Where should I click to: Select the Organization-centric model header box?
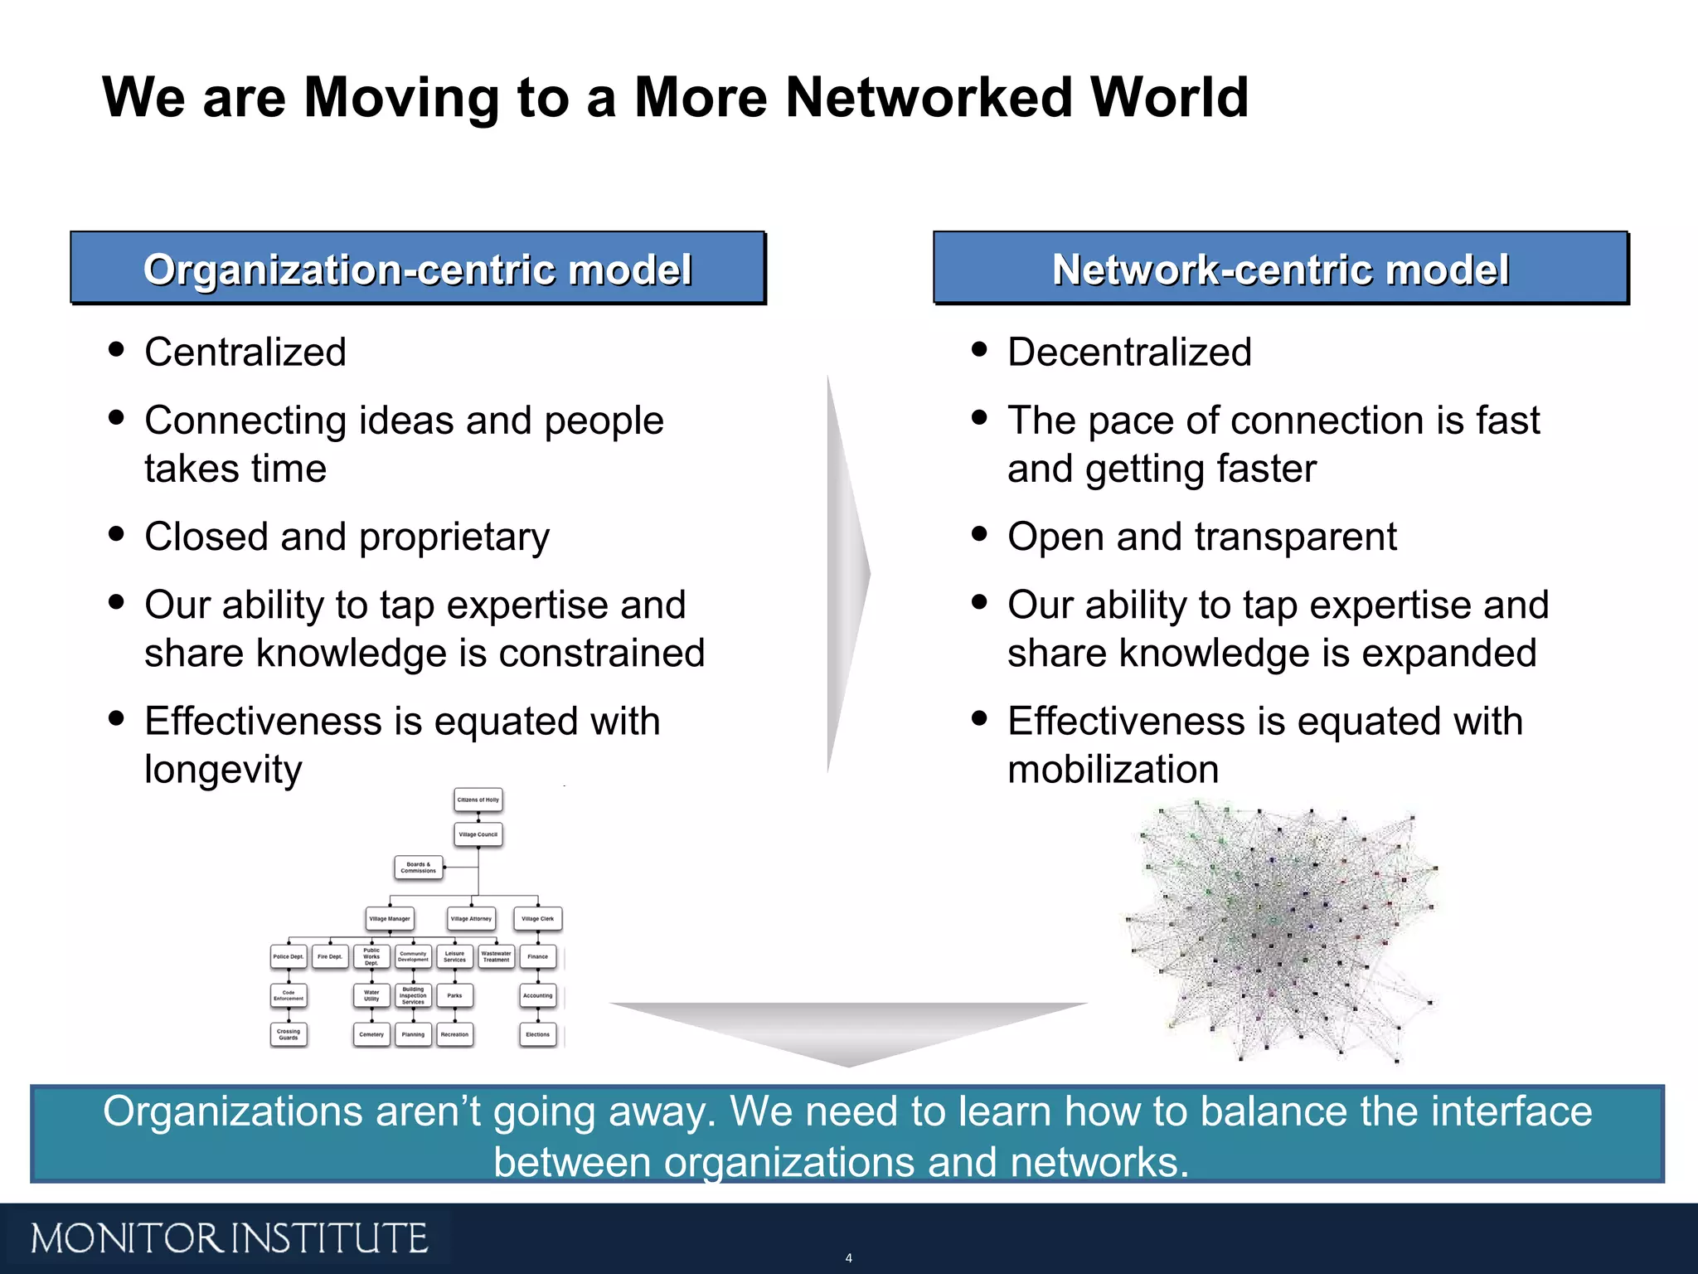coord(417,269)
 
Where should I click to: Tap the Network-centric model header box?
coord(1280,269)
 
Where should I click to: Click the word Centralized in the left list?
coord(245,352)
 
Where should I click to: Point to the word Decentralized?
coord(1129,352)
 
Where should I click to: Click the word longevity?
coord(223,770)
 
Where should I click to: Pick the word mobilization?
coord(1113,770)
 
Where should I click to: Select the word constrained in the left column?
coord(602,654)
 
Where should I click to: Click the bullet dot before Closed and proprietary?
coord(116,534)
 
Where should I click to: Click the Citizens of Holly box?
coord(478,800)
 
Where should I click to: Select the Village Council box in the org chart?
coord(478,834)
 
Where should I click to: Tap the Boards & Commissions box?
coord(418,868)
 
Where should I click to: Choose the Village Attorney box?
coord(471,919)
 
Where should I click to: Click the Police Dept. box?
coord(289,957)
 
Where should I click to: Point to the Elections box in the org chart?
coord(538,1034)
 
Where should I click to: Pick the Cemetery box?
coord(371,1034)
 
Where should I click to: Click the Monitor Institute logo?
coord(229,1238)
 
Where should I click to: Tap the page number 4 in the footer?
coord(848,1258)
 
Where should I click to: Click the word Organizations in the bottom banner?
coord(233,1111)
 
